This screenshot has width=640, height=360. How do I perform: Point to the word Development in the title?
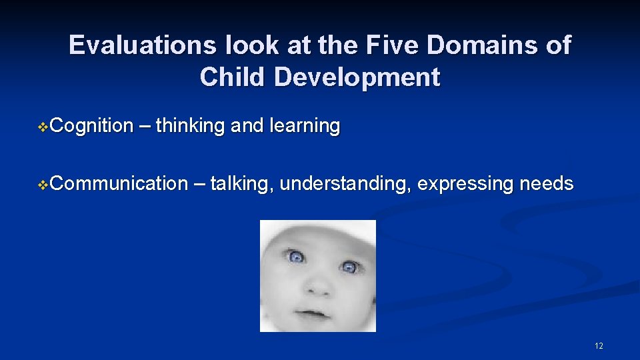point(357,77)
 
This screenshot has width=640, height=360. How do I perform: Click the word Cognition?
point(91,125)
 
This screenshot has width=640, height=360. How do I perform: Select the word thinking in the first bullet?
point(190,125)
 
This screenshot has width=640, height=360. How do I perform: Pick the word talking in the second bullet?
point(241,183)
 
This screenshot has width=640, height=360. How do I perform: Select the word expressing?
point(465,183)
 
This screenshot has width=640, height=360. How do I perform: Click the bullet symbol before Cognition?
point(44,127)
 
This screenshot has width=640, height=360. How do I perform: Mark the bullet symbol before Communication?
point(44,184)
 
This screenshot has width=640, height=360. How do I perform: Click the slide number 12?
point(598,345)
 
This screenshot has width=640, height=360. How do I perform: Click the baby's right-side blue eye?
point(348,267)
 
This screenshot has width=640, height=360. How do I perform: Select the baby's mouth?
point(311,312)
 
